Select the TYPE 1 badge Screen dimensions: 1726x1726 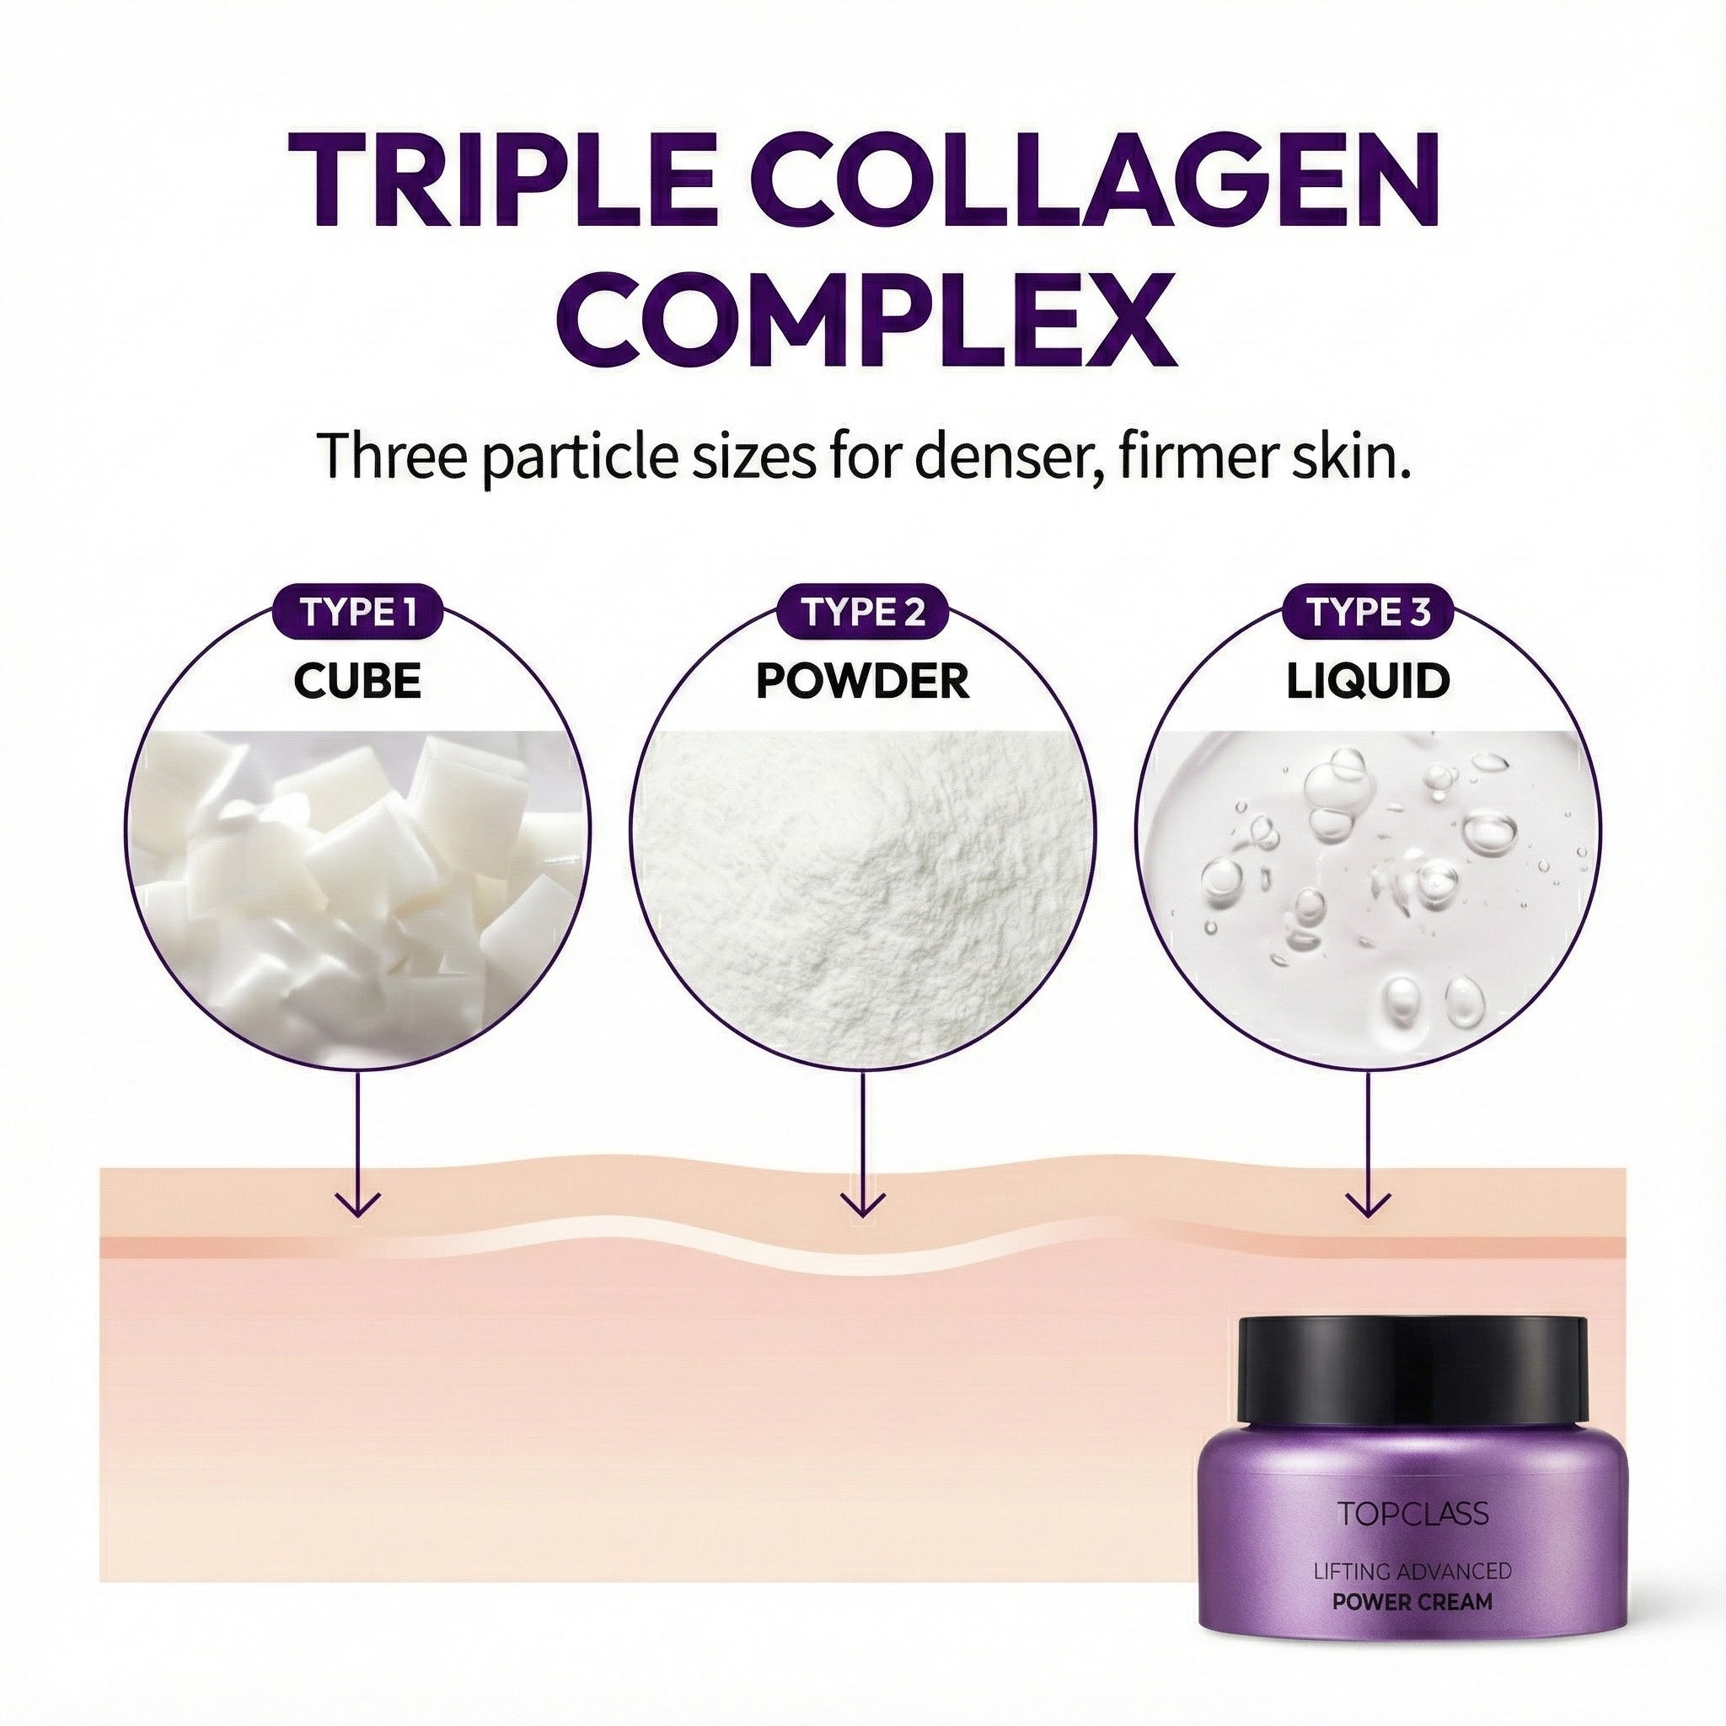tap(357, 614)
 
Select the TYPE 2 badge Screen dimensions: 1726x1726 tap(863, 614)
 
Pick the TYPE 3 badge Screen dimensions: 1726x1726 tap(1368, 614)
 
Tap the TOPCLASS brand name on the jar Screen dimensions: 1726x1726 tap(1412, 1514)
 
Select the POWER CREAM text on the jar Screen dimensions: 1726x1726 tap(1412, 1602)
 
